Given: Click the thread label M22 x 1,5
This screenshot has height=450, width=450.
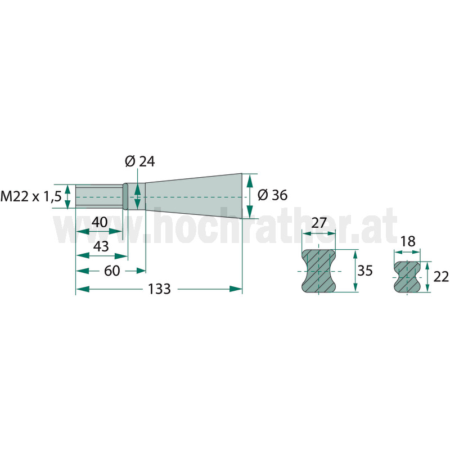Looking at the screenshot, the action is pos(31,197).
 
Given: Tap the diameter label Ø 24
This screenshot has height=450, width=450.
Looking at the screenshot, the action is pos(139,161).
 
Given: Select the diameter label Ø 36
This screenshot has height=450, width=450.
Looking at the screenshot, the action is pos(272,195).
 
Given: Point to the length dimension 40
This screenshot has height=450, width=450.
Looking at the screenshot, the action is pos(100,222).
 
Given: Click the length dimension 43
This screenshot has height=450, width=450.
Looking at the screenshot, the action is pos(101,246).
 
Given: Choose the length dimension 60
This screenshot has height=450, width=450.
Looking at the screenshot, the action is pos(111,271).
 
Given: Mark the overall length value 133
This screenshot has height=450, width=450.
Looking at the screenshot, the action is pos(159,289).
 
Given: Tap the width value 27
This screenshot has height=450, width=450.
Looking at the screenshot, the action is pos(319,223).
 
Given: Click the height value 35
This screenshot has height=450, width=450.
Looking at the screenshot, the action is pos(364,271).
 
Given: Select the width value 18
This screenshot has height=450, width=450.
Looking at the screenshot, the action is pos(407,241).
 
